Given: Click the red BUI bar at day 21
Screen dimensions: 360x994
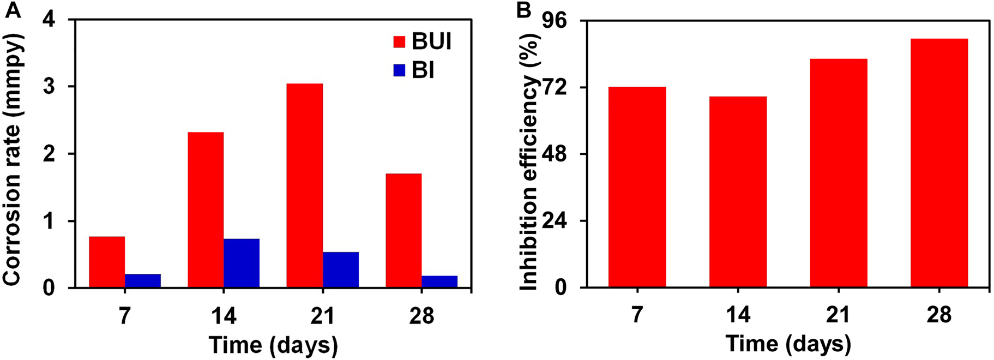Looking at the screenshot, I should tap(304, 185).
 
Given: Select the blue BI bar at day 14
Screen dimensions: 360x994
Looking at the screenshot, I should tap(241, 263).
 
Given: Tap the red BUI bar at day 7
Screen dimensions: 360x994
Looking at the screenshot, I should tap(107, 262).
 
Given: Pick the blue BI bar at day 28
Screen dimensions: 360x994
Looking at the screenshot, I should tap(439, 281).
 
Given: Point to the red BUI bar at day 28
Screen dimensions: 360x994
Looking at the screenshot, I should tap(403, 230).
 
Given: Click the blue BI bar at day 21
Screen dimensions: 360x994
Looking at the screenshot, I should tap(341, 269).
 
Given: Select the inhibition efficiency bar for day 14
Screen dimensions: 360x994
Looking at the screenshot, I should tap(738, 192).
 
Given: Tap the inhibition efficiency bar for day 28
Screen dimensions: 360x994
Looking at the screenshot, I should tap(939, 163).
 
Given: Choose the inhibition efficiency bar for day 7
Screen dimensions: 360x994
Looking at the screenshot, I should tap(637, 187).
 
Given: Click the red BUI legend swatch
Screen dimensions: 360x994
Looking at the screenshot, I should tap(399, 42).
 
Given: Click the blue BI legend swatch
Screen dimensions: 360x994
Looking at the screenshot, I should tap(399, 70).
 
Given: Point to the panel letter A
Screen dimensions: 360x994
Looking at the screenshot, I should tap(12, 10).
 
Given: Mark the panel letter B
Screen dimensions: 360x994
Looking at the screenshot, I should tap(523, 10).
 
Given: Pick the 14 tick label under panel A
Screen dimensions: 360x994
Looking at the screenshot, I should tap(224, 316).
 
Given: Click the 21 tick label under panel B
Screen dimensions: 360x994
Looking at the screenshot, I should tap(838, 315).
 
